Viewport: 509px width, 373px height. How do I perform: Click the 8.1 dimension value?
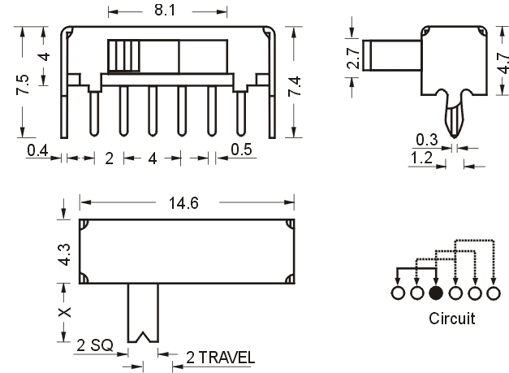coord(165,10)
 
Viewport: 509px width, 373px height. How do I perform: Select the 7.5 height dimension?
coord(23,85)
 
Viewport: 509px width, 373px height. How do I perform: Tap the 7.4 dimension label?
coord(295,86)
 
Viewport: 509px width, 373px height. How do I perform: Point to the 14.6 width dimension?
coord(183,203)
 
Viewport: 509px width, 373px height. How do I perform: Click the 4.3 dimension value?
coord(64,254)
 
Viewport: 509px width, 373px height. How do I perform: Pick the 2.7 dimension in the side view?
coord(353,59)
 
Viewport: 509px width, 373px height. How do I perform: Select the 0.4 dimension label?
coord(37,151)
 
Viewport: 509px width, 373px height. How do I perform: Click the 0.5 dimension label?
coord(242,150)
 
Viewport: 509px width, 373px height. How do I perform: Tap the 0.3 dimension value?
coord(427,140)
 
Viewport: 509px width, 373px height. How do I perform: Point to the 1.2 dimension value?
coord(421,158)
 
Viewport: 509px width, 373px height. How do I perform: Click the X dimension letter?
coord(64,312)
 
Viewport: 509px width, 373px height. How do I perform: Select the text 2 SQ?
coord(95,345)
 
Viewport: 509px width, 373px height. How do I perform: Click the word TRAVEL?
coord(226,358)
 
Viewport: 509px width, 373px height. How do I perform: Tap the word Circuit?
coord(451,319)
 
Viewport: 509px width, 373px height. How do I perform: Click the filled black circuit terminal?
coord(436,293)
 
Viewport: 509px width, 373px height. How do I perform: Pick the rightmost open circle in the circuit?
coord(494,293)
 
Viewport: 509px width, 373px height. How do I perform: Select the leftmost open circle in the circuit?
coord(398,293)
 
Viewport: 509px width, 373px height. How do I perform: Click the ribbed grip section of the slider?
coord(123,56)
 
